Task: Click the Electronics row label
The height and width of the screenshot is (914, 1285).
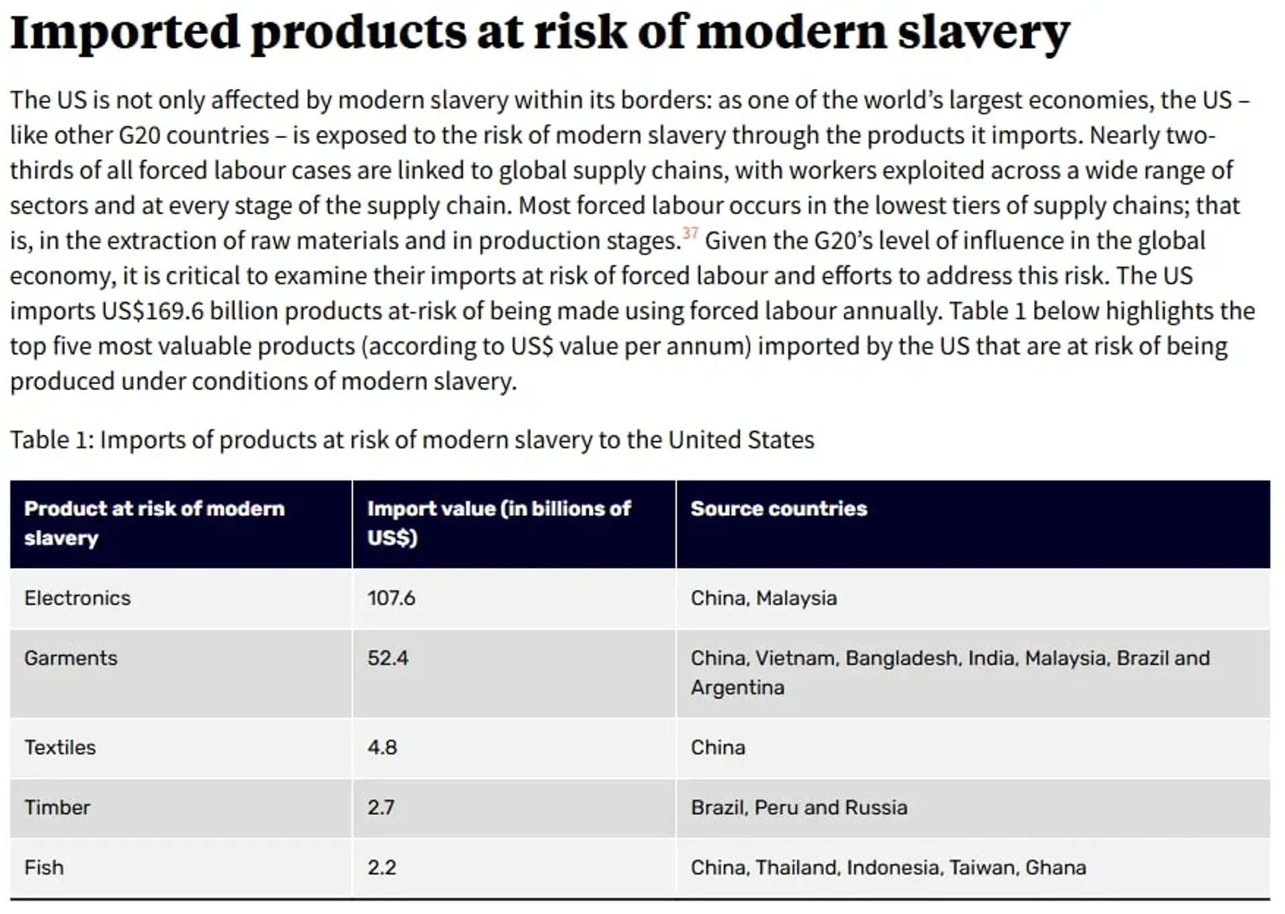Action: (78, 598)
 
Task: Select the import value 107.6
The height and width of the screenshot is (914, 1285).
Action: (392, 598)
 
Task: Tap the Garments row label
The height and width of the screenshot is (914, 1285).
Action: (71, 658)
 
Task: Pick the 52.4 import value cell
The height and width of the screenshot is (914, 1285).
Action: (388, 658)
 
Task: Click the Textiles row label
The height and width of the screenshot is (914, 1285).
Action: (60, 747)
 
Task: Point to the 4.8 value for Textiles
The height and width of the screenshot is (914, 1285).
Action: (382, 747)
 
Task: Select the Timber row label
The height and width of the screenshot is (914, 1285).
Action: (58, 807)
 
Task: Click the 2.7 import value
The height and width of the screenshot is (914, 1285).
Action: (381, 807)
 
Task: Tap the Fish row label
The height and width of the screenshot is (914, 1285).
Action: (44, 867)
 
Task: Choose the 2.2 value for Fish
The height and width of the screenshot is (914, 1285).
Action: (382, 867)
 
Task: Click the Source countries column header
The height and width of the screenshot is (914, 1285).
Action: (779, 509)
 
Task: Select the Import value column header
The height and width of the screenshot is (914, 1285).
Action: (499, 523)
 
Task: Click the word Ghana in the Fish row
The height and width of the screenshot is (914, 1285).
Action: (1056, 867)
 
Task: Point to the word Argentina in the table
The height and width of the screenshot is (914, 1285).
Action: (738, 687)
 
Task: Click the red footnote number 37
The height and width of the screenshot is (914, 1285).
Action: (690, 233)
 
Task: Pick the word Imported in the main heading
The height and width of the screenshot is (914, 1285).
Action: (125, 32)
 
